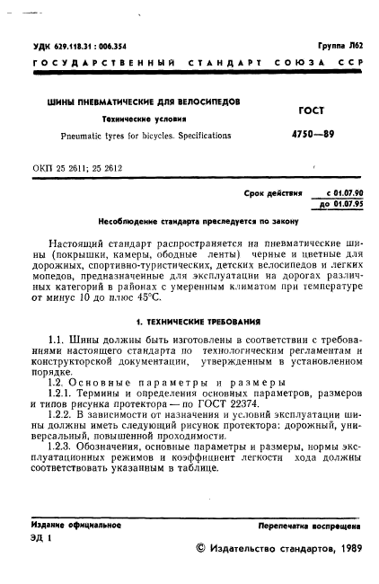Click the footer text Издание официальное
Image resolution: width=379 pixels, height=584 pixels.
pos(69,524)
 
